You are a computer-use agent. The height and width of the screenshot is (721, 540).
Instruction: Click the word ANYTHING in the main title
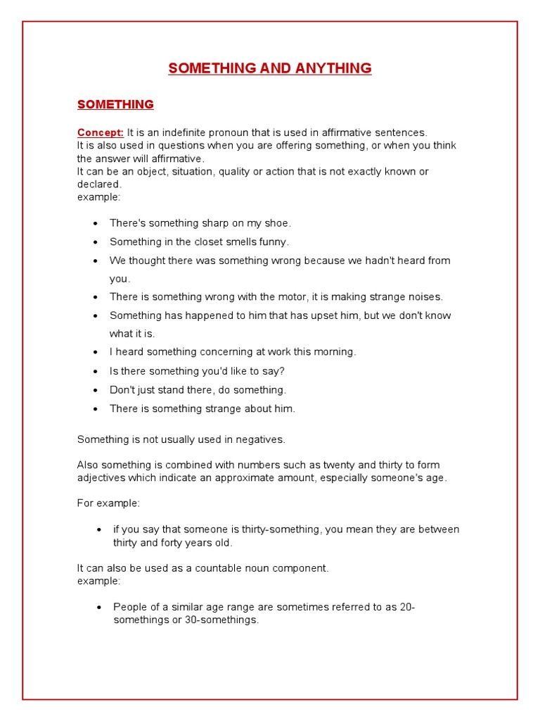click(x=333, y=68)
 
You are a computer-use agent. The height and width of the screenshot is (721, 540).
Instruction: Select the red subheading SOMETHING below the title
click(x=115, y=104)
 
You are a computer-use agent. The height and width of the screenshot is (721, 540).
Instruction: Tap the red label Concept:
click(x=101, y=132)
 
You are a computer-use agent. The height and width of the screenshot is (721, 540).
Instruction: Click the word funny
click(x=273, y=242)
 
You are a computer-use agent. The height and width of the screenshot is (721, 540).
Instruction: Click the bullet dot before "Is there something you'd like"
click(x=96, y=371)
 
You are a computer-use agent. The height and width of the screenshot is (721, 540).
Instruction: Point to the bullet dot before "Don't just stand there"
click(x=96, y=390)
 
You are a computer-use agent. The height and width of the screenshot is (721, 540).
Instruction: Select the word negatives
click(x=260, y=439)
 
